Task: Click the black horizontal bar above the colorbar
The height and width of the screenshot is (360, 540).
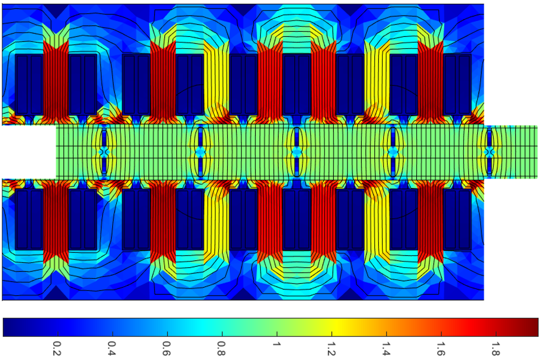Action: (270, 308)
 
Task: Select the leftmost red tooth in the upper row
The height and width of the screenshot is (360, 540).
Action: (55, 80)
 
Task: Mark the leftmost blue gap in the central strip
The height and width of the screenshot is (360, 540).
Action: (104, 152)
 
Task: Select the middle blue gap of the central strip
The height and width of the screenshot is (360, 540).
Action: (296, 152)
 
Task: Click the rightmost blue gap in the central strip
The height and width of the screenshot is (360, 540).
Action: (489, 152)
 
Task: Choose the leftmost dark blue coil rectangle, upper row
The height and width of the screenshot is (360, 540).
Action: (22, 84)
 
